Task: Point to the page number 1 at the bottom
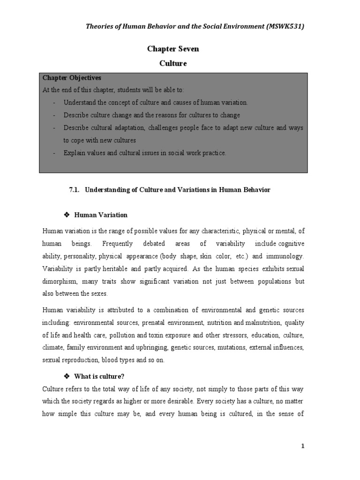pos(303,446)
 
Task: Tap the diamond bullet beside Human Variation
pos(66,215)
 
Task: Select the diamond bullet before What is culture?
pos(66,376)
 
